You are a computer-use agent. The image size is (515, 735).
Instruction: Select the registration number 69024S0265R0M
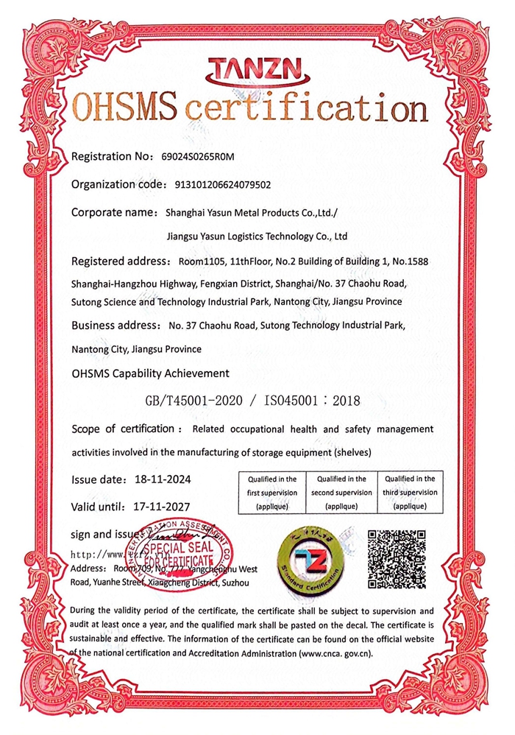point(201,157)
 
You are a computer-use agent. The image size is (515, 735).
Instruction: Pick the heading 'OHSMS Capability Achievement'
point(151,373)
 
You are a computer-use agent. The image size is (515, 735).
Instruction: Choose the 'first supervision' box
point(272,492)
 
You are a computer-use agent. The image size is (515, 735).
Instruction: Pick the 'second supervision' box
point(341,492)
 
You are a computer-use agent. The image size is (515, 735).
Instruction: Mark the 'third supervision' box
point(410,492)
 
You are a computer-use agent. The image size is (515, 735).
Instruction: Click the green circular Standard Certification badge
point(308,559)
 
